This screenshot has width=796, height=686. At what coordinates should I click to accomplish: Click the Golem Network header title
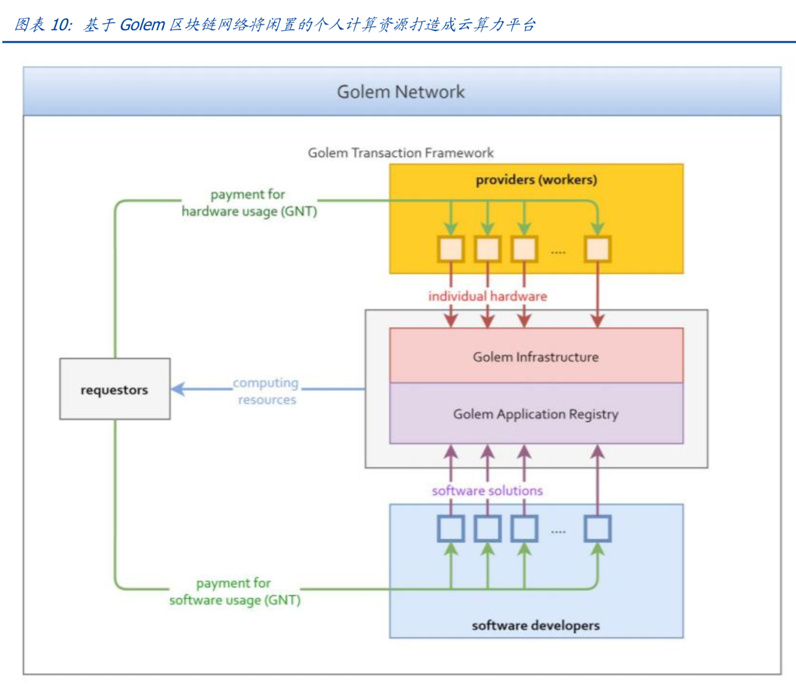click(400, 92)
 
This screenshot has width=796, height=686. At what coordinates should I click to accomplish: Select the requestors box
click(114, 389)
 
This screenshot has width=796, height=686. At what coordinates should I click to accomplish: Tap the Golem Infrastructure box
click(536, 356)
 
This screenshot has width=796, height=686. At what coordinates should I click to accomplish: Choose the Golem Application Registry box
click(536, 414)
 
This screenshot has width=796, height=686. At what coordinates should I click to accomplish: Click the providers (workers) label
click(536, 180)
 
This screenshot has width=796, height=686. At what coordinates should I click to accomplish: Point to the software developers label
click(535, 625)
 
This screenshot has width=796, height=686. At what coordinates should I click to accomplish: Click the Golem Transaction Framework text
click(401, 153)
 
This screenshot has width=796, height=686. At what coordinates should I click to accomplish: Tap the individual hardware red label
click(487, 296)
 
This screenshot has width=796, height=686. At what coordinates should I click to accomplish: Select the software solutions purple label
click(487, 491)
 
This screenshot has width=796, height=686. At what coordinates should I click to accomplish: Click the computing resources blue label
click(266, 391)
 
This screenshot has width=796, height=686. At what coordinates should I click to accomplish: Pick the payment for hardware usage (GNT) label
click(249, 203)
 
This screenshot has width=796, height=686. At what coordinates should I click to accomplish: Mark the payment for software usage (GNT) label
click(235, 592)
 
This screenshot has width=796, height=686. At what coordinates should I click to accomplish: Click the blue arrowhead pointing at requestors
click(178, 389)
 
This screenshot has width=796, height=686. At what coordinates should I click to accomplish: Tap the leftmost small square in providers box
click(451, 249)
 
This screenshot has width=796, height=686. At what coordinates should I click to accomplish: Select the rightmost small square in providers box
click(597, 249)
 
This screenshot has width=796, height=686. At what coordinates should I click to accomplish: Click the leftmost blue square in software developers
click(451, 528)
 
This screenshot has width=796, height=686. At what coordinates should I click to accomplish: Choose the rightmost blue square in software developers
click(597, 528)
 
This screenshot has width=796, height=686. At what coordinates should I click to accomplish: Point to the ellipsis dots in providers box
click(558, 252)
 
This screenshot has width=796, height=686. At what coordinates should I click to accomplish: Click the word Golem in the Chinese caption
click(142, 25)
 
